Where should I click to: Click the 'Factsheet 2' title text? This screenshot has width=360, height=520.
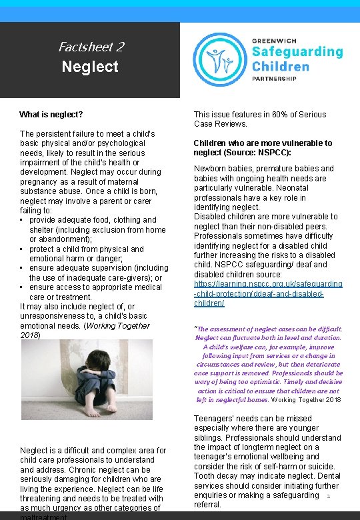[x=91, y=47]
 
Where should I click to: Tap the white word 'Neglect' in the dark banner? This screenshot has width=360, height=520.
[x=90, y=67]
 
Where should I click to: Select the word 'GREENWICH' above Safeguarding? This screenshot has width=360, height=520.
[x=273, y=39]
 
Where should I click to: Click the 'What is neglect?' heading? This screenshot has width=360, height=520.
[x=51, y=115]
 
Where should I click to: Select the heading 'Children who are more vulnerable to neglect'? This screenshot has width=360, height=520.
[x=263, y=147]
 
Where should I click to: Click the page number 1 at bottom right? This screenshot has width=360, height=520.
[x=329, y=496]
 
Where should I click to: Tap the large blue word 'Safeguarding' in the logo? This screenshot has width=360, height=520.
[x=297, y=52]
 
